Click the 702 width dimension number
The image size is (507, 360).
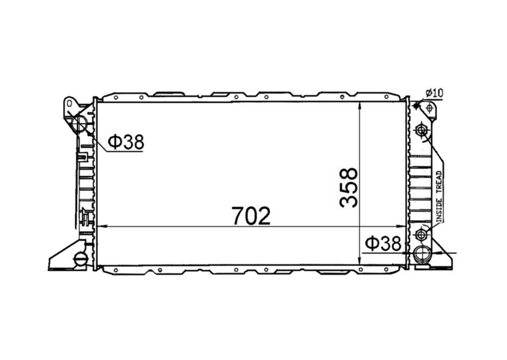coord(251,216)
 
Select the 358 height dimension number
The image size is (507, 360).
coord(349,187)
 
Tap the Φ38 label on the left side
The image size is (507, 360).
coord(126,142)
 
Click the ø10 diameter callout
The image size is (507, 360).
coord(434,93)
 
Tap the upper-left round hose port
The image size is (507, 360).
coord(78,124)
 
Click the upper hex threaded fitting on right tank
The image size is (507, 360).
coord(421,130)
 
